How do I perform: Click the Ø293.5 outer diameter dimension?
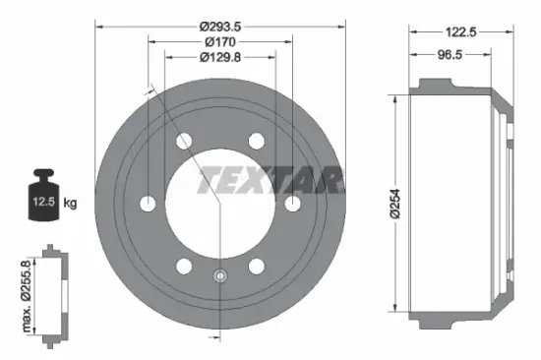tap(220, 26)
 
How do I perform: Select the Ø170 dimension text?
tap(220, 41)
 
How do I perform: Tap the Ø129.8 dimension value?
tap(221, 57)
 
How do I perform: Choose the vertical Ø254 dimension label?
tap(392, 201)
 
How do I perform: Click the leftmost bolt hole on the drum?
tap(149, 204)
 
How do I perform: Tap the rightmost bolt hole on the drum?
tap(292, 204)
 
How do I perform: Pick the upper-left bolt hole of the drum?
tap(184, 142)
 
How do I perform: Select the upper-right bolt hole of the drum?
tap(257, 142)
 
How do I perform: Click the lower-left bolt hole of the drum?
tap(184, 266)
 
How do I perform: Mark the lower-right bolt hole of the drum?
tap(257, 266)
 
